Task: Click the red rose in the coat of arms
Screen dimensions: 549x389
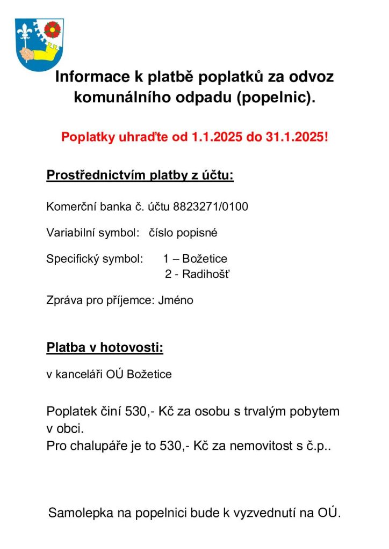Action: [52, 29]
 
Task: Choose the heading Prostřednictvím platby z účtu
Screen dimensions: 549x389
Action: [140, 175]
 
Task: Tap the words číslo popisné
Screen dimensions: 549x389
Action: [183, 233]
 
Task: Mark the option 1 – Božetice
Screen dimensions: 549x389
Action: [195, 259]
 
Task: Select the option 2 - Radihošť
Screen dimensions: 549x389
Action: [197, 274]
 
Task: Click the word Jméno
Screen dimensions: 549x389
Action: [176, 300]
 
